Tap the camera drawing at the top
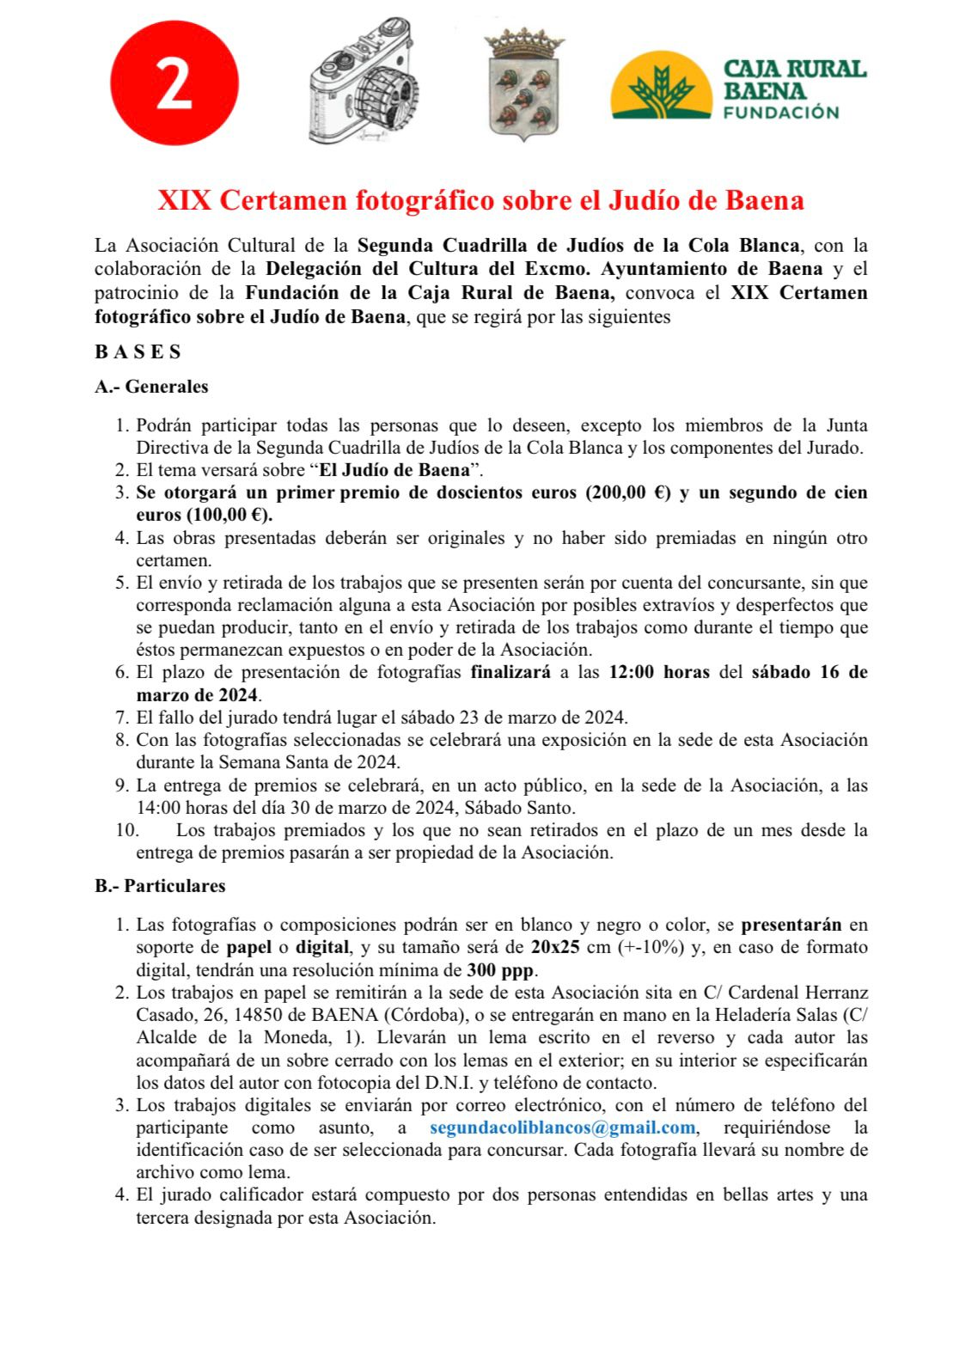point(362,82)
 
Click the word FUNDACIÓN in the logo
point(781,113)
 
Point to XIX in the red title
point(184,200)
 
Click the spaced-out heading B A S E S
point(137,351)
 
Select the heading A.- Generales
point(151,387)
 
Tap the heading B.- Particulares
point(160,885)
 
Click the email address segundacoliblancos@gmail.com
point(562,1127)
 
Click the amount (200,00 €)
point(628,492)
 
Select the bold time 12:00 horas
point(659,672)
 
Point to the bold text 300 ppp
point(501,970)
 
